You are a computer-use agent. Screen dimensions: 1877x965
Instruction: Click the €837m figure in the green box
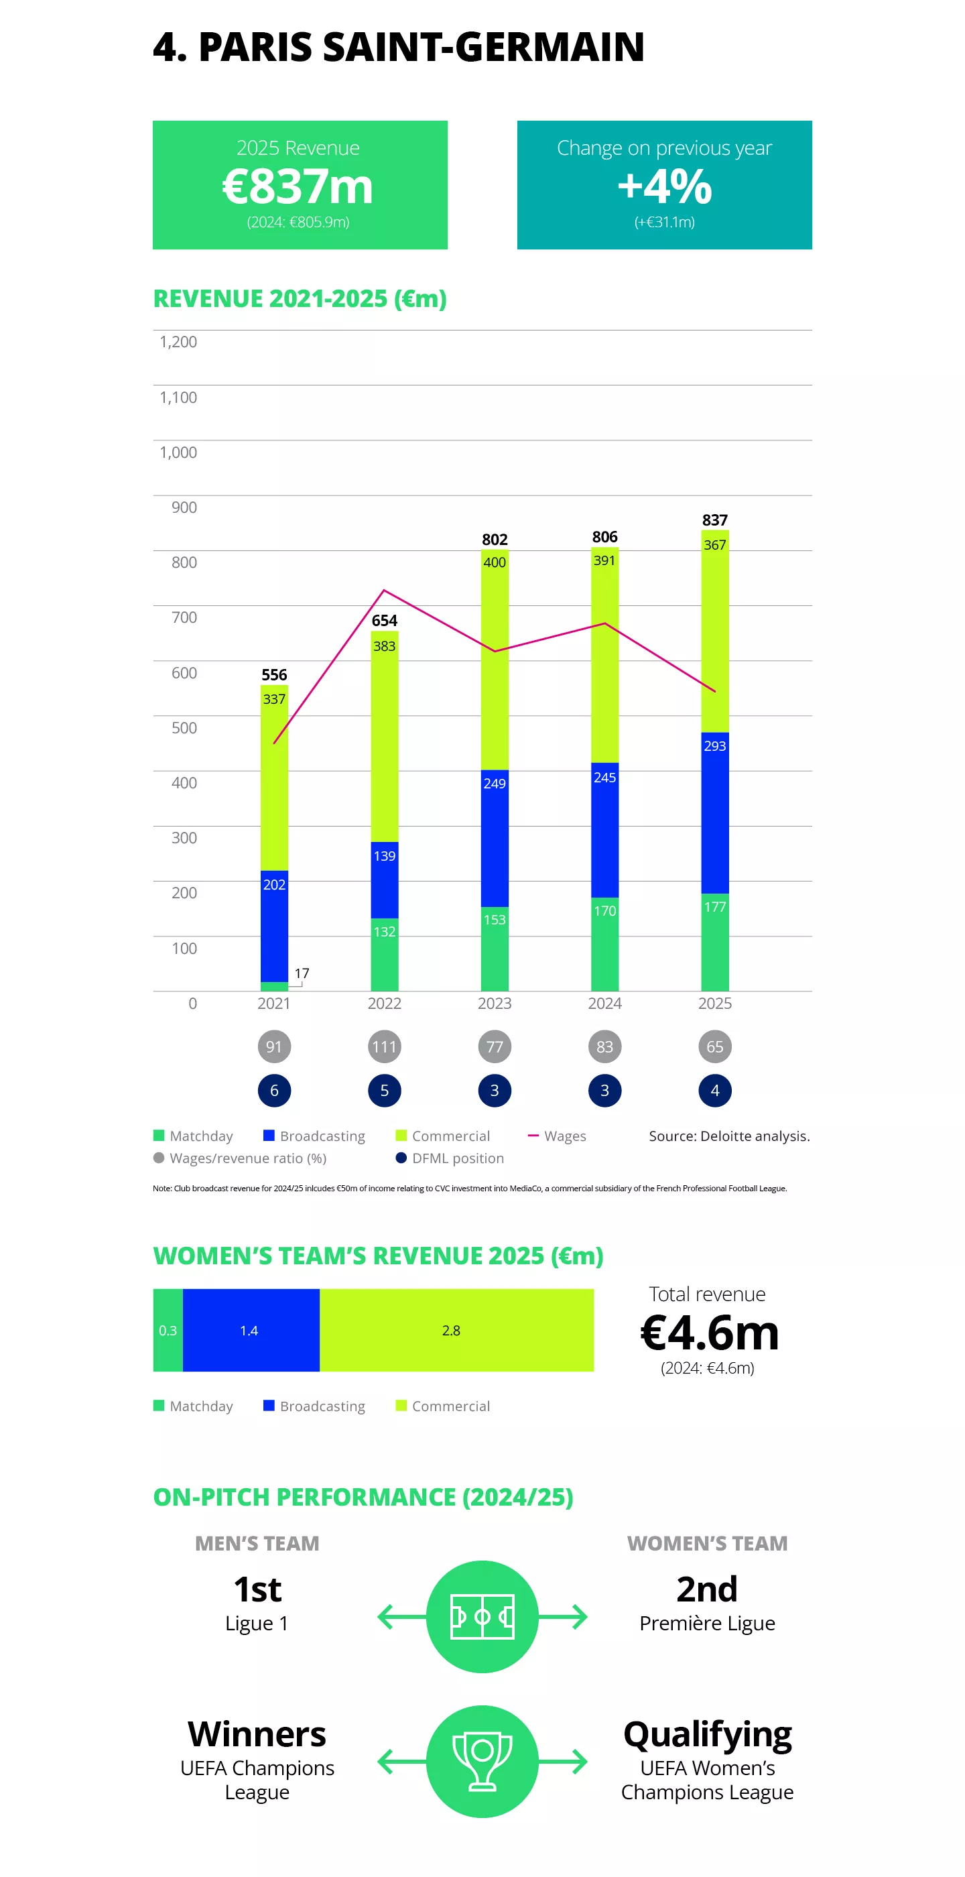coord(297,186)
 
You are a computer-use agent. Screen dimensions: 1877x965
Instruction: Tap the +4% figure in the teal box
coord(664,186)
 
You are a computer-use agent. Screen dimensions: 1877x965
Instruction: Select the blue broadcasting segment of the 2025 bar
coord(714,812)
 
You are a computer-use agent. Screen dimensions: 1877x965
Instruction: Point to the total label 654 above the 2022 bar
coord(385,620)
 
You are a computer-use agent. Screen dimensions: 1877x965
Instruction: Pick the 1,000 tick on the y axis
coord(178,452)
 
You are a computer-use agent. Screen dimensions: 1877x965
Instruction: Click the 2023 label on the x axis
coord(495,1004)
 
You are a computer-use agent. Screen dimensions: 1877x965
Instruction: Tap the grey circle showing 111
coord(385,1047)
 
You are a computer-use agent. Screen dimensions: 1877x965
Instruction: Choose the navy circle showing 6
coord(274,1091)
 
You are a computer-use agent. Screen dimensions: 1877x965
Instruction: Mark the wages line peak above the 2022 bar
coord(385,590)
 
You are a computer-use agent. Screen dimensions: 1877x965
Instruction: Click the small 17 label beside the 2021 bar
coord(302,973)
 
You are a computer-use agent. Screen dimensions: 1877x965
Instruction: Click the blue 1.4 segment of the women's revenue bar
coord(251,1331)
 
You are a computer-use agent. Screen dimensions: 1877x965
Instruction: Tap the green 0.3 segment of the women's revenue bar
coord(168,1331)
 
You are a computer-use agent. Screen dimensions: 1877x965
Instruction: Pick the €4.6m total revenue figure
coord(708,1333)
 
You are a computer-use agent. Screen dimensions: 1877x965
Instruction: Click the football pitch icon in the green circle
coord(482,1617)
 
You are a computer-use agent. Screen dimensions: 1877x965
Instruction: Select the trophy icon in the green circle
coord(482,1761)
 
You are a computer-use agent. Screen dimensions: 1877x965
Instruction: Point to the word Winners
coord(257,1734)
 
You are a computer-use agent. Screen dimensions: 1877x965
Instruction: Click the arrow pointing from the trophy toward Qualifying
coord(564,1761)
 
